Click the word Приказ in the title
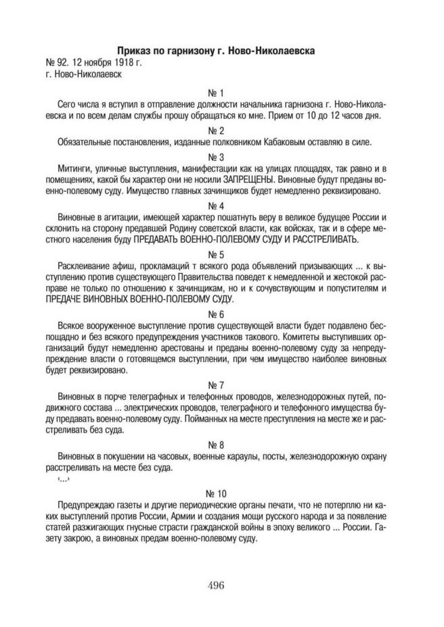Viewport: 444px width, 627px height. click(x=137, y=51)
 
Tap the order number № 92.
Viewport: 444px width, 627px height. click(x=53, y=63)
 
